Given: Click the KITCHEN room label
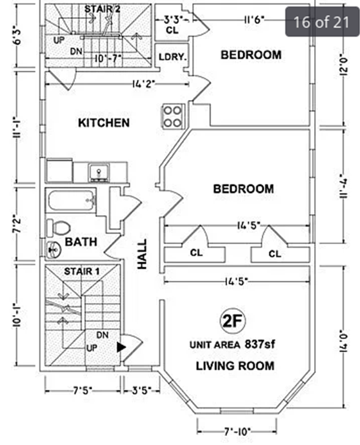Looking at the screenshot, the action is click(104, 123).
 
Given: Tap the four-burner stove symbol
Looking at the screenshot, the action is click(173, 116).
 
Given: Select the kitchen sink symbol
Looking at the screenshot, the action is click(99, 172).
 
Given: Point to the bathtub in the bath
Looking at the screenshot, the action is click(71, 200).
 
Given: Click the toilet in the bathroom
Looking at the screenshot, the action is click(59, 227).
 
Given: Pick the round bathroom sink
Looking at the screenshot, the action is click(54, 250).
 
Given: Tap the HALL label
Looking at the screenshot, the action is click(142, 254).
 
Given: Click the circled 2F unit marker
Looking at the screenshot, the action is click(233, 321).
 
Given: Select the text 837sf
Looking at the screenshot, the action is click(260, 344).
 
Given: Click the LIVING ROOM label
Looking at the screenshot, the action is click(235, 366).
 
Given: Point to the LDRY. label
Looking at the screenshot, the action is click(172, 57).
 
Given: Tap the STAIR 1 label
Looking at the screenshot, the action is click(82, 272).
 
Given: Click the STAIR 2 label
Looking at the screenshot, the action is click(102, 9).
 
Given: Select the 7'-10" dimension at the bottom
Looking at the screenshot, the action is click(237, 431).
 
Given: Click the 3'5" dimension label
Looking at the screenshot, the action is click(141, 391).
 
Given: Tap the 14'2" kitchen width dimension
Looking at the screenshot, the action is click(143, 84).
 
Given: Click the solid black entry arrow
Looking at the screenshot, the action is click(121, 347).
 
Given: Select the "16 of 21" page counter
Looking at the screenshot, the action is click(321, 22).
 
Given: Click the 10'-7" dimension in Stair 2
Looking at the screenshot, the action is click(108, 59).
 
